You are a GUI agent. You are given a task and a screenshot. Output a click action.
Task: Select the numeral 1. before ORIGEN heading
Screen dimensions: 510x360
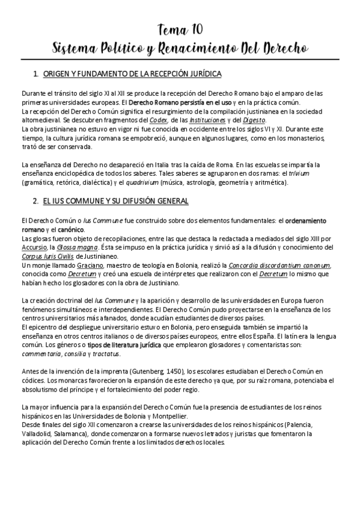(37, 74)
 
